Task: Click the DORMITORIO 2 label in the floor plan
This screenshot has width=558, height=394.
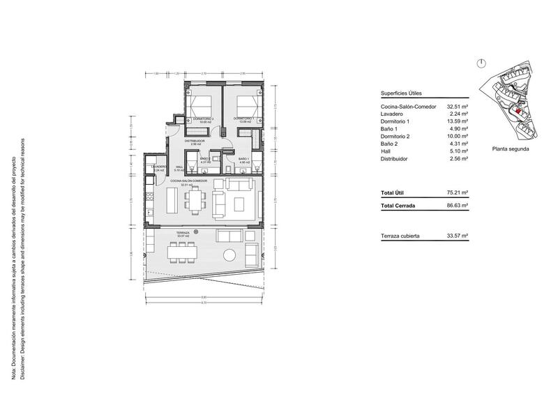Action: click(203, 119)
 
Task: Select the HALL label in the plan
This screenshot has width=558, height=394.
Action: click(179, 167)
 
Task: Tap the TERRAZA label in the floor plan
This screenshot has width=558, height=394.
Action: click(183, 233)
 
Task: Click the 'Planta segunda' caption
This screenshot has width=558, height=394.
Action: click(510, 149)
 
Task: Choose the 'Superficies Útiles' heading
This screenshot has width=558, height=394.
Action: click(401, 93)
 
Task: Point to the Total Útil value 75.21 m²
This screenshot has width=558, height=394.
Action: click(457, 192)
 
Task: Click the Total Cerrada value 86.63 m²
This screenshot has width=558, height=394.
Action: click(457, 206)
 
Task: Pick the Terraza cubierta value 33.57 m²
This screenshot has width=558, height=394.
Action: click(457, 236)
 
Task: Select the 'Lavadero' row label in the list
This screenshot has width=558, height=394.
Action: click(393, 114)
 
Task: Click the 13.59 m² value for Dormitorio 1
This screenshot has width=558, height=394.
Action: click(457, 122)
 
